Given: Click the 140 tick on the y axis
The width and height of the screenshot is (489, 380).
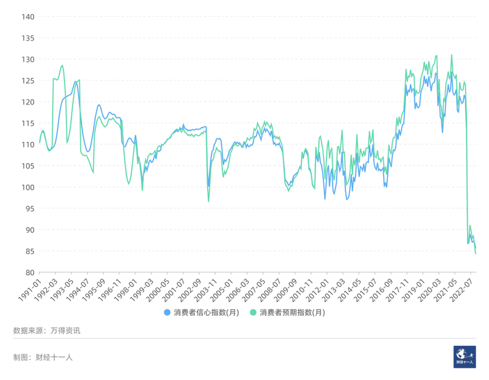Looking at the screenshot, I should click(27, 16).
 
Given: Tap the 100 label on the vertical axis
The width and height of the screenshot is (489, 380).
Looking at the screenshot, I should click(27, 187).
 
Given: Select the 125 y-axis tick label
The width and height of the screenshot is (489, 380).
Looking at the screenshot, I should click(27, 81).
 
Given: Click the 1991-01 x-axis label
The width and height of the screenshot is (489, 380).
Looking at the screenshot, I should click(29, 289).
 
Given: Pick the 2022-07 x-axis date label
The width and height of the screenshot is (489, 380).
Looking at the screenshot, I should click(465, 289).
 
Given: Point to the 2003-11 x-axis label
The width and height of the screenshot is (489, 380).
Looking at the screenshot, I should click(205, 289).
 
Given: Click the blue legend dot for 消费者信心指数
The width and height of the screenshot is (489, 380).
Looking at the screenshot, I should click(167, 313).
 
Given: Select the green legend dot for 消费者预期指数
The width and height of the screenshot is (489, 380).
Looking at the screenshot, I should click(253, 313).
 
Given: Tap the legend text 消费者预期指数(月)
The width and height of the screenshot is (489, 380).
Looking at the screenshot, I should click(292, 313).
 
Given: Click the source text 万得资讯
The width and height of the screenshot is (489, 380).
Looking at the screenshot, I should click(65, 331).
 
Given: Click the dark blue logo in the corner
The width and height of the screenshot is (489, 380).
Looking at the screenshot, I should click(465, 356).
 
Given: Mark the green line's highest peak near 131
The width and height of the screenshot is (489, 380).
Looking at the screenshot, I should click(452, 55).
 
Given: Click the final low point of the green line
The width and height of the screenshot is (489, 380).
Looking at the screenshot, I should click(476, 253).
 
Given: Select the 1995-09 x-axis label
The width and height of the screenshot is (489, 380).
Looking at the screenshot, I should click(94, 289).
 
